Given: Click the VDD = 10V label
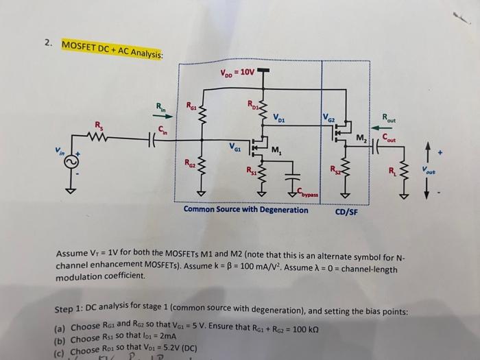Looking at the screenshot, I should click(x=238, y=71).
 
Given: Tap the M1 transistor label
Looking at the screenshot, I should click(x=278, y=152).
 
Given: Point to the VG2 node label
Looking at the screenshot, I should click(x=331, y=118).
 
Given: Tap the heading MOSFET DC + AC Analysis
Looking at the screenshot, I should click(x=112, y=49).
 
